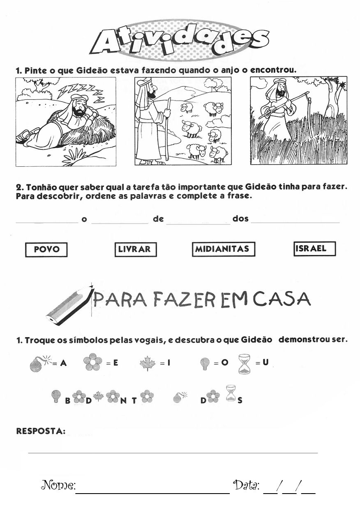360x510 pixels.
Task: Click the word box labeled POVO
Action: click(x=46, y=250)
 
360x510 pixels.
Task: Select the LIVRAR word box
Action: click(x=135, y=249)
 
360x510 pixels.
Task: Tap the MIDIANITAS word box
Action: click(x=223, y=249)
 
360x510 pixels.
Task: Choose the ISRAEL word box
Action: click(x=315, y=248)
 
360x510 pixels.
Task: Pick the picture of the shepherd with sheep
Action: click(x=183, y=122)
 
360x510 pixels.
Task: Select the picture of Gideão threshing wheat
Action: click(x=298, y=121)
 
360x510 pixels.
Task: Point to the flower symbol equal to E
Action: click(x=92, y=363)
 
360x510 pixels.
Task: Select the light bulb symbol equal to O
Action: click(x=204, y=363)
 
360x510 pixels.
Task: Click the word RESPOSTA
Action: click(x=41, y=431)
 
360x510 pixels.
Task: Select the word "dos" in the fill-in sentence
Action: click(x=240, y=219)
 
